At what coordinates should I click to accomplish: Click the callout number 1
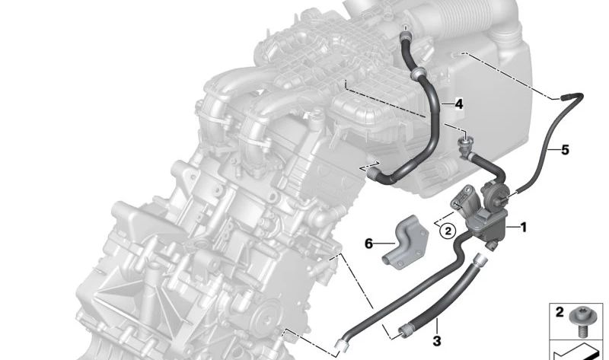click(x=522, y=226)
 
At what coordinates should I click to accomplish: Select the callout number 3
click(x=437, y=340)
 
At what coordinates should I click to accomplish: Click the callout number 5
click(x=564, y=149)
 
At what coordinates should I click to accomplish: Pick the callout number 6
click(x=369, y=244)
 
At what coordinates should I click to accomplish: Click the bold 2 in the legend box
click(x=560, y=311)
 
